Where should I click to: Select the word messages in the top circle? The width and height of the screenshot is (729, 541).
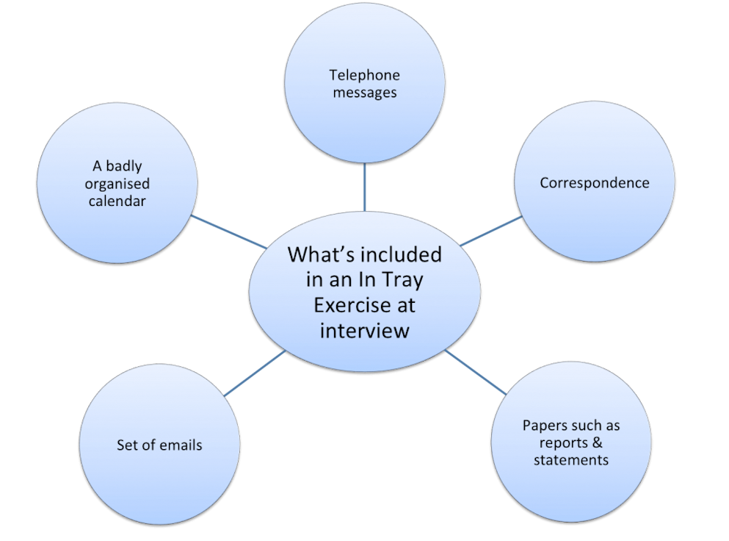pos(365,93)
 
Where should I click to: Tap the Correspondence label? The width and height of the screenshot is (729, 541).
pos(595,183)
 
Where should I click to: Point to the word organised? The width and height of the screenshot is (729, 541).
pos(117,184)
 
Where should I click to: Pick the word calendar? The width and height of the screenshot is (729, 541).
pos(117,201)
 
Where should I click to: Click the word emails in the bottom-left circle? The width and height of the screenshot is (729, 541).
pos(181,445)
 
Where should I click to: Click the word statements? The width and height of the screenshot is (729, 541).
pos(570,461)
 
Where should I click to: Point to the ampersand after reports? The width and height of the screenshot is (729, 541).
pos(597,443)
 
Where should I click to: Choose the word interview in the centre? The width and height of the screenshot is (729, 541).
pos(364,331)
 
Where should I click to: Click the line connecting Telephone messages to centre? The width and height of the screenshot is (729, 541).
pos(364,187)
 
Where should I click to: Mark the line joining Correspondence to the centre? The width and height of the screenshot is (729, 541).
pos(490,231)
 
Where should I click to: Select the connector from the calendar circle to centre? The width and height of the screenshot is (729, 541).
pos(228,232)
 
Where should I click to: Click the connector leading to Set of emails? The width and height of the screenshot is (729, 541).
pos(254,373)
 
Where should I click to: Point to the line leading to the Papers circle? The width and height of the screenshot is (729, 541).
pos(474,371)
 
